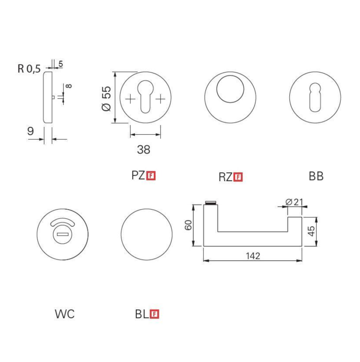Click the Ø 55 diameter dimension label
click(106, 98)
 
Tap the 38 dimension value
click(144, 150)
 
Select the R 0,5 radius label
click(29, 69)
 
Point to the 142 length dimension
click(253, 256)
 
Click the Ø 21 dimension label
click(294, 202)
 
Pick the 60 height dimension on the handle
click(188, 225)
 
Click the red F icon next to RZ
click(238, 177)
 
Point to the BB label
click(316, 176)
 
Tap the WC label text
click(65, 314)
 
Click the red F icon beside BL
click(154, 314)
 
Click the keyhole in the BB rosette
click(315, 97)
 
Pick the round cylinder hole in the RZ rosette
click(230, 89)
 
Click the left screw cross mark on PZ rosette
click(130, 99)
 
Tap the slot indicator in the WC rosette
click(62, 234)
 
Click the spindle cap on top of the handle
click(211, 203)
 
